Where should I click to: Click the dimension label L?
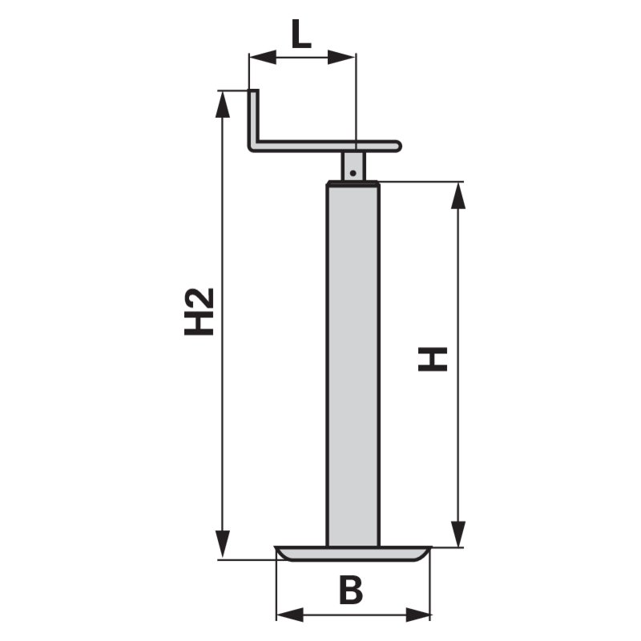tap(300, 35)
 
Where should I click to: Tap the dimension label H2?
tap(200, 311)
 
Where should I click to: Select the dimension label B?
tap(350, 591)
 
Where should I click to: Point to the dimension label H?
tap(433, 359)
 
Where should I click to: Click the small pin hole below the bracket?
tap(353, 170)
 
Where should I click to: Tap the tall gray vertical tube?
tap(353, 361)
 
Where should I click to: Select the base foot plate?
tap(353, 553)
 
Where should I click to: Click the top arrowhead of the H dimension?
tap(458, 195)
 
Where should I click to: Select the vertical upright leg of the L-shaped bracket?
tap(253, 116)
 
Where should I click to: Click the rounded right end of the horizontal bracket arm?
tap(396, 146)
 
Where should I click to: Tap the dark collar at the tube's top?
tap(353, 184)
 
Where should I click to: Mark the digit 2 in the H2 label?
tap(200, 297)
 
